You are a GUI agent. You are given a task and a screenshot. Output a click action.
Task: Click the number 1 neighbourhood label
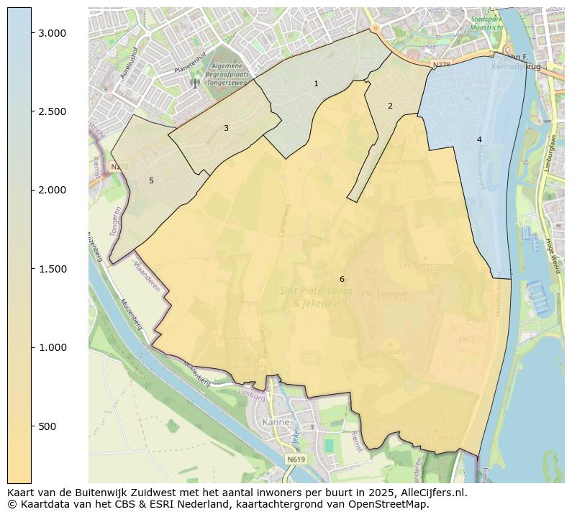[316, 84]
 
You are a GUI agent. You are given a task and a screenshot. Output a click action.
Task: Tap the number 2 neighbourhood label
[390, 106]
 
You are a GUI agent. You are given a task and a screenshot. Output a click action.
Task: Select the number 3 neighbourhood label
[226, 128]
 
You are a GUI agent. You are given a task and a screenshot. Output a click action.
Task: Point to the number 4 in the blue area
[479, 139]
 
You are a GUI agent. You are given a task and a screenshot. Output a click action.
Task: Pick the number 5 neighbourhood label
[151, 180]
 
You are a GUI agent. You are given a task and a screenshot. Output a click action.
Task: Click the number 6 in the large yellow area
[342, 279]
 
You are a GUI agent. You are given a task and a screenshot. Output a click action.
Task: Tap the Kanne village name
[277, 422]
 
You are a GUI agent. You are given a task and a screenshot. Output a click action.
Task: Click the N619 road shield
[295, 459]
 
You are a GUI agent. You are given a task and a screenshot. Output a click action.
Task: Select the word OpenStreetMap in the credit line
[392, 504]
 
